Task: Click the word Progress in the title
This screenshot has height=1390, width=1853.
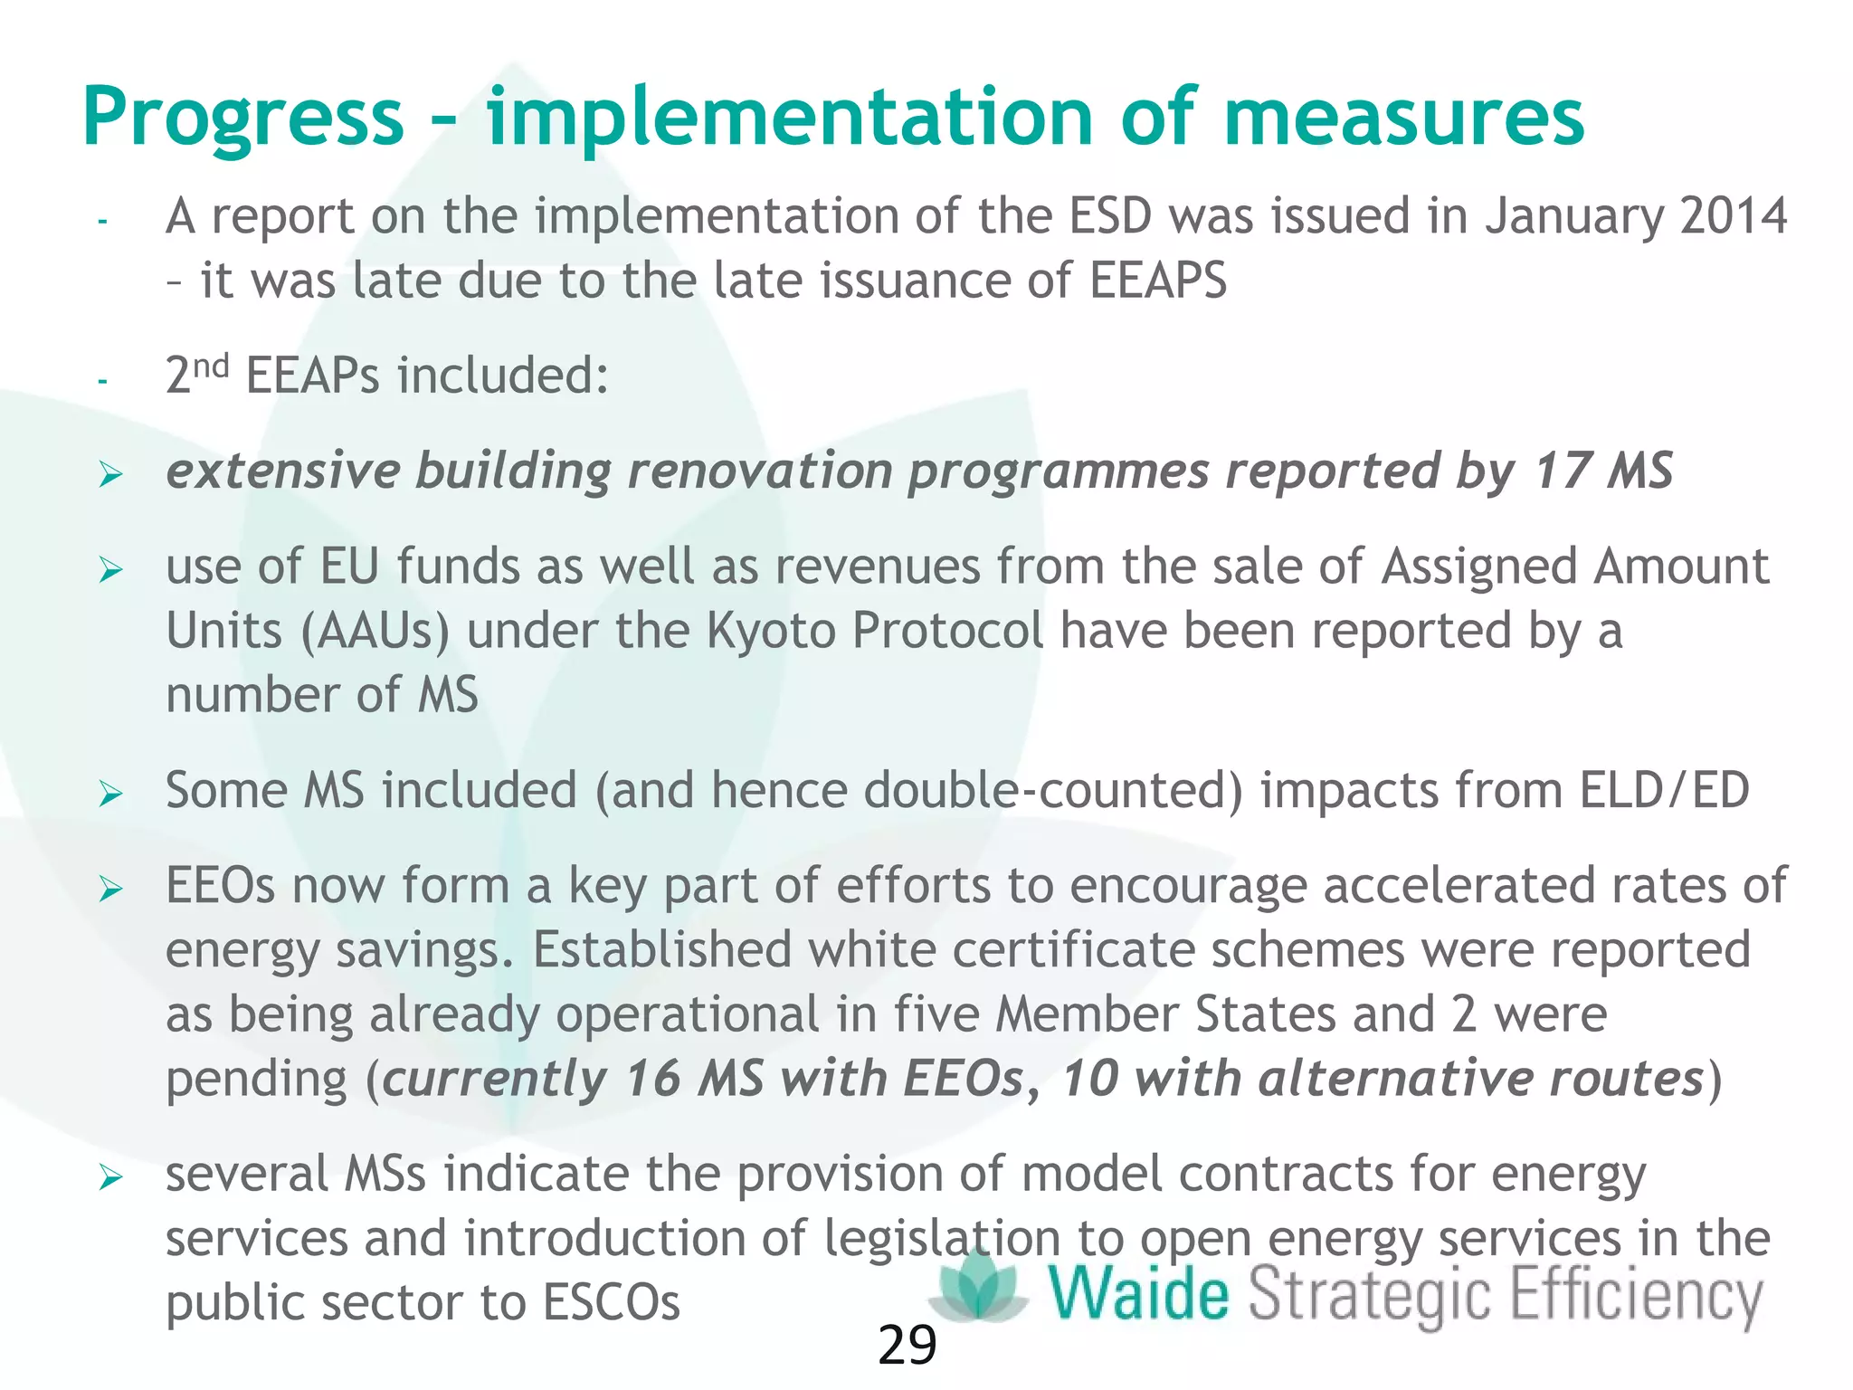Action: (x=242, y=119)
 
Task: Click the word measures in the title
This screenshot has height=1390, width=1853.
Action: (x=1403, y=118)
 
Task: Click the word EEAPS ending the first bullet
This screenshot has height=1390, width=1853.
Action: (x=1157, y=281)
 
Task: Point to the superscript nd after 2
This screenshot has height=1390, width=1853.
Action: (x=212, y=367)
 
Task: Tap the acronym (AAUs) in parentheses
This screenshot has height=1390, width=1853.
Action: (x=375, y=633)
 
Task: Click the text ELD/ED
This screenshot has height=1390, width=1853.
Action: (x=1664, y=791)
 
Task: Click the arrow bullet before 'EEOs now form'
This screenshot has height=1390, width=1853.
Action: (x=110, y=890)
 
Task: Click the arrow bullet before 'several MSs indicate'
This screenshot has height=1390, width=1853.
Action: (x=110, y=1178)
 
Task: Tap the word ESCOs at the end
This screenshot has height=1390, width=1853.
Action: (x=611, y=1303)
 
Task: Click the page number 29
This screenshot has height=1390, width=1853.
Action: (x=907, y=1347)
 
